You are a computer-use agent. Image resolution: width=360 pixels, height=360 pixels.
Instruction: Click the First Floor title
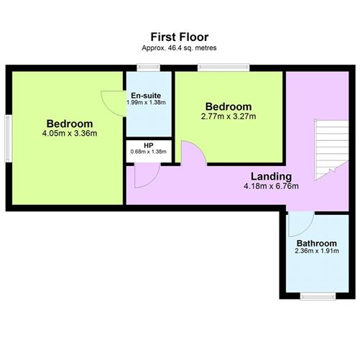click(180, 37)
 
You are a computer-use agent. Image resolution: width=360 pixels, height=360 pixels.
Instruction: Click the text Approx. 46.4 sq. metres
click(180, 47)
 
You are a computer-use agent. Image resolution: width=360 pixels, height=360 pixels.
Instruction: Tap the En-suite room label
click(149, 95)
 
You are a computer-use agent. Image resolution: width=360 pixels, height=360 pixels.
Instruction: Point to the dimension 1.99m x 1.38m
click(149, 103)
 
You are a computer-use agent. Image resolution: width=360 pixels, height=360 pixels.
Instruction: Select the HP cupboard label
click(148, 145)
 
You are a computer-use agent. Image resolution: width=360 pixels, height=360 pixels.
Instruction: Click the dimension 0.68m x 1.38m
click(148, 152)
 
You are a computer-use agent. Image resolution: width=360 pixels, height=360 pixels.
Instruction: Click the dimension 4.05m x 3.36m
click(70, 132)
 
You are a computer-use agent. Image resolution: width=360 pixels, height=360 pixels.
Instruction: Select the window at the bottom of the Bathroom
click(315, 296)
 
